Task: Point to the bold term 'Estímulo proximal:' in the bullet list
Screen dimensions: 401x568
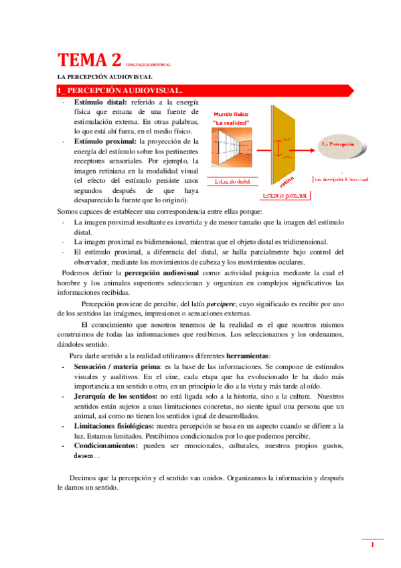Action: coord(106,142)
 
